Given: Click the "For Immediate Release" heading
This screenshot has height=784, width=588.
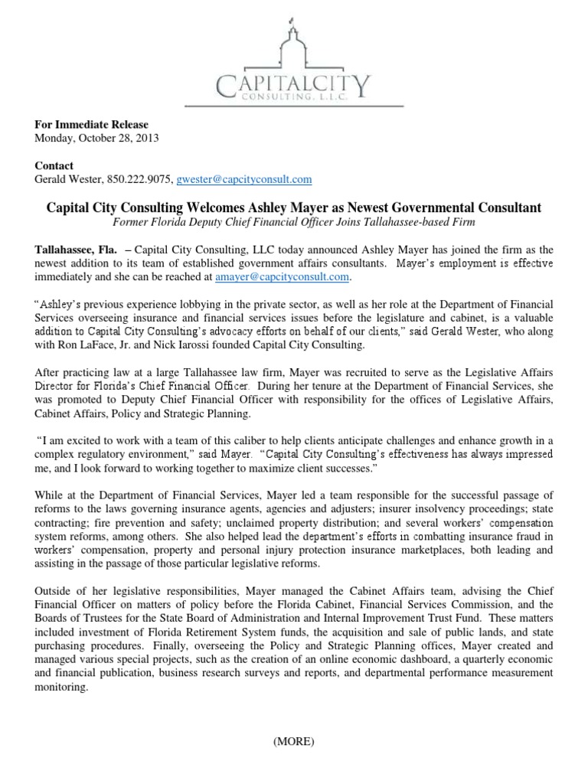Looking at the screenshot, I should click(x=92, y=125).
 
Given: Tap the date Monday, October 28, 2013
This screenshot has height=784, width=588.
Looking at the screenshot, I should click(x=97, y=138).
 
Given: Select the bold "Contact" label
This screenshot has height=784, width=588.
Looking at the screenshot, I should click(x=54, y=166).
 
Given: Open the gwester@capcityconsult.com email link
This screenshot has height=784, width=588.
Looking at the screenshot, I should click(x=244, y=179).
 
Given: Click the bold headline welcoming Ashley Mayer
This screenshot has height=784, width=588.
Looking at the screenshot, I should click(x=294, y=207).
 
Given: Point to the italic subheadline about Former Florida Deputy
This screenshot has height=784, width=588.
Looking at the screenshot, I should click(x=294, y=222).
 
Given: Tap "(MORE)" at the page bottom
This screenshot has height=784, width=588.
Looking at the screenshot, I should click(x=294, y=741).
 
